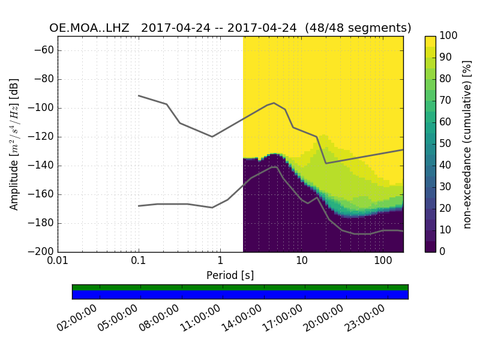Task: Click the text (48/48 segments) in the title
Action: [358, 28]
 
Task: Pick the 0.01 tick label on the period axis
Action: [58, 262]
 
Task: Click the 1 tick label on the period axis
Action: [220, 262]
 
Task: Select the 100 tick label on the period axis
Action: [383, 262]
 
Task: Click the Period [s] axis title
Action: [230, 275]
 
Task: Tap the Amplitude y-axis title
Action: [14, 144]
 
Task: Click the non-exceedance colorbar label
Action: [467, 144]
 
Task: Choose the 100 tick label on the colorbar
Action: [448, 36]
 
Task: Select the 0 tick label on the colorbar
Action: [442, 252]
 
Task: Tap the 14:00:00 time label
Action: [240, 319]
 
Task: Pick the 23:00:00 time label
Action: [363, 319]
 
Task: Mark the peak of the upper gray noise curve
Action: [274, 103]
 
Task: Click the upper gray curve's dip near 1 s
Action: [212, 136]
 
